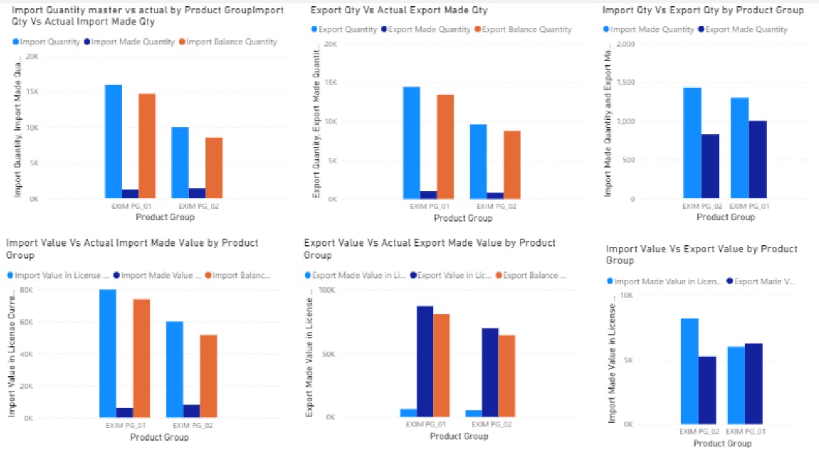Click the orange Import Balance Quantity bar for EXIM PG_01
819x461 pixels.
click(147, 146)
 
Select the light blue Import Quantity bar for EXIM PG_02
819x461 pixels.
click(180, 163)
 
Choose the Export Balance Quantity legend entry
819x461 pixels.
click(527, 29)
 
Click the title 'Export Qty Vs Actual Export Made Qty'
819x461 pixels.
click(399, 10)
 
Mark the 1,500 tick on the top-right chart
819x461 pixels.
click(627, 83)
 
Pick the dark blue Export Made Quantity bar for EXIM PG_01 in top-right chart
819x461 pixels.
click(758, 159)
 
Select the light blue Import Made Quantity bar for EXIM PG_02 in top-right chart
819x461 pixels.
click(692, 143)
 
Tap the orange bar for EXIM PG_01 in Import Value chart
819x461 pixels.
click(142, 359)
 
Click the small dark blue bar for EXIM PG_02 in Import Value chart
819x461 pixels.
click(192, 411)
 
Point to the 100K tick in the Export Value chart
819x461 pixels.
click(327, 289)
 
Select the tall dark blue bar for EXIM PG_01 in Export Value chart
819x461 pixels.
click(425, 362)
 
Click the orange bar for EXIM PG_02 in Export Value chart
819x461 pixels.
click(506, 376)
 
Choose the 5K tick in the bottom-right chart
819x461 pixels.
click(627, 360)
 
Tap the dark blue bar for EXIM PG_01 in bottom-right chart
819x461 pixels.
click(754, 384)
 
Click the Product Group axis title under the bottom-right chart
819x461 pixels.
click(722, 443)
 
